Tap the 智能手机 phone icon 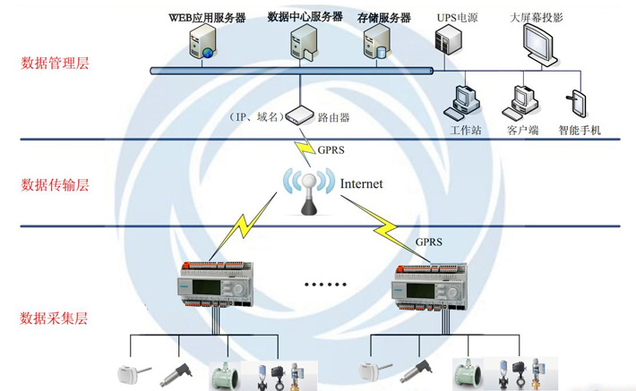coord(579,104)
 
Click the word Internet coord(361,184)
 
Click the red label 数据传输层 coord(56,185)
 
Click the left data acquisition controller coord(217,284)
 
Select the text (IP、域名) coord(256,117)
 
